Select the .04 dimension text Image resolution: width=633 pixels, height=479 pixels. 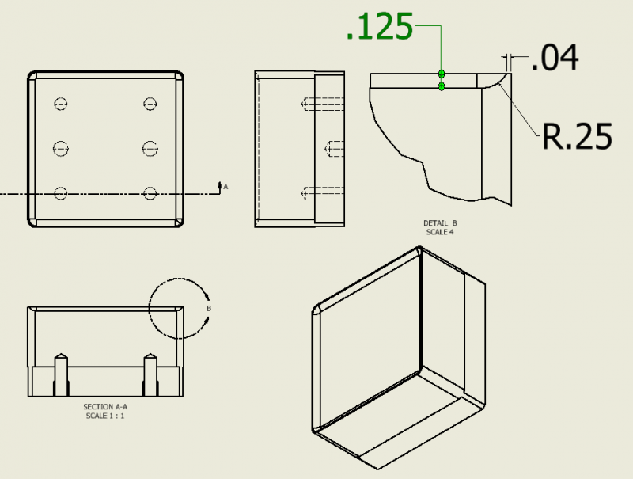pyautogui.click(x=554, y=59)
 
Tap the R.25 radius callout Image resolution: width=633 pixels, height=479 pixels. pyautogui.click(x=577, y=137)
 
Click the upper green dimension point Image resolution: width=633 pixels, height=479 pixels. pyautogui.click(x=442, y=74)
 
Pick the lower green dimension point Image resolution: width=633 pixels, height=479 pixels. pyautogui.click(x=442, y=86)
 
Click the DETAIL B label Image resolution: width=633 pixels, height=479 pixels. pyautogui.click(x=441, y=223)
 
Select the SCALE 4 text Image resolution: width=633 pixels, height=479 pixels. pyautogui.click(x=441, y=231)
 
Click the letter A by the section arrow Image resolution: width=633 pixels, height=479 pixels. pyautogui.click(x=226, y=187)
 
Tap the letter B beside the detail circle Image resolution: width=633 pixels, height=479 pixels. pyautogui.click(x=208, y=308)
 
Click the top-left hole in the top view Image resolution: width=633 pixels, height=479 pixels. pyautogui.click(x=62, y=103)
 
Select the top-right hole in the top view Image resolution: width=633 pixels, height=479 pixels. pyautogui.click(x=150, y=103)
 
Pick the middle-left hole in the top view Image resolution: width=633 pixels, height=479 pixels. pyautogui.click(x=62, y=147)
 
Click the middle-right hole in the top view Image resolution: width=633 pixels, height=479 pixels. pyautogui.click(x=150, y=147)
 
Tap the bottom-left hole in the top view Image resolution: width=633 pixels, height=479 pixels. pyautogui.click(x=62, y=192)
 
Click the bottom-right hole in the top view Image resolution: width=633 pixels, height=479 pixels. pyautogui.click(x=150, y=192)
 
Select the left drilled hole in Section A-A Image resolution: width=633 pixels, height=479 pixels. pyautogui.click(x=60, y=375)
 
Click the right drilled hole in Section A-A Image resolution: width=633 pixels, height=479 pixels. pyautogui.click(x=150, y=375)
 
